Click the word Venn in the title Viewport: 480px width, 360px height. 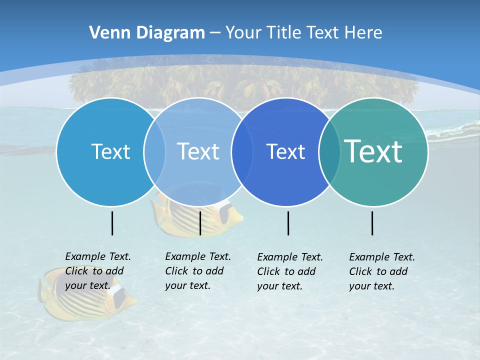coord(106,33)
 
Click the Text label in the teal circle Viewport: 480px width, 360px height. coord(373,151)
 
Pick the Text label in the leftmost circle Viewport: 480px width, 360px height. coord(110,151)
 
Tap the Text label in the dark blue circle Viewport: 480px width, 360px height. coord(285,151)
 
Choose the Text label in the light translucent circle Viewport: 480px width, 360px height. coord(198,151)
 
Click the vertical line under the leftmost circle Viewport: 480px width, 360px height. coord(112,223)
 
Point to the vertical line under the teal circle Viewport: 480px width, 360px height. coord(372,223)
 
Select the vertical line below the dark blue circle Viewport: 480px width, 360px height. coord(288,223)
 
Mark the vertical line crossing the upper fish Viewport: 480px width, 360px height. coord(200,223)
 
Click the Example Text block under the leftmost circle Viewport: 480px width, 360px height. coord(98,271)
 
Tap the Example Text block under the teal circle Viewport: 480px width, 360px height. coord(382,271)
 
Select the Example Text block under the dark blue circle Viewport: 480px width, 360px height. coord(290,271)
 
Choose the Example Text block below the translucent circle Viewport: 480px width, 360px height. coord(198,271)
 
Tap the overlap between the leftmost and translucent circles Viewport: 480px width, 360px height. coord(154,152)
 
